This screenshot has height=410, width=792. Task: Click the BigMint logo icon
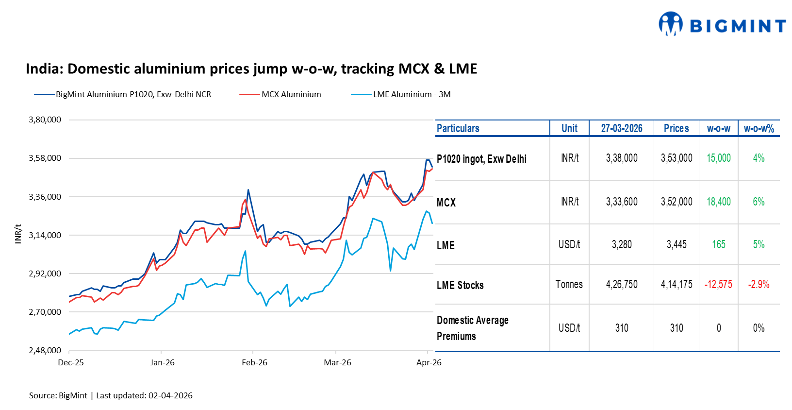(x=670, y=24)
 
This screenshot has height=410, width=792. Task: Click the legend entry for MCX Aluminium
(x=291, y=94)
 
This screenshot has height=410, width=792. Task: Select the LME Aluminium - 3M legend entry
(x=411, y=94)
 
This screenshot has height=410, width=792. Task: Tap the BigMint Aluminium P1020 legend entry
(x=133, y=94)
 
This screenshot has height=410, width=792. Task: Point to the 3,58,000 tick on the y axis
(x=45, y=158)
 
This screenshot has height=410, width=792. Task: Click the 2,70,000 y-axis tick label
(x=45, y=312)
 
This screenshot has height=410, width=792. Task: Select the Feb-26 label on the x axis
(x=254, y=362)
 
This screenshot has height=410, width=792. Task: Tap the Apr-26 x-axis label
(x=429, y=362)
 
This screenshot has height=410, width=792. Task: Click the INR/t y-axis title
(x=18, y=234)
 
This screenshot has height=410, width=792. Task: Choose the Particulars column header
(x=458, y=128)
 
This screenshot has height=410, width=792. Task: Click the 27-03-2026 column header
(x=621, y=128)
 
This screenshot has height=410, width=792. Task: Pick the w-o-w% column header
(x=759, y=128)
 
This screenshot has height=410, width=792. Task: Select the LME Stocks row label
(x=460, y=285)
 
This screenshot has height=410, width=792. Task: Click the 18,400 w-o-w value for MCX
(x=718, y=202)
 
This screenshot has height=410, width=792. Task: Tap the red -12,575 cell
(x=718, y=284)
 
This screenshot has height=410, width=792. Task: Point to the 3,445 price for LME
(x=676, y=244)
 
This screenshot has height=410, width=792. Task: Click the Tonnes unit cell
(x=569, y=284)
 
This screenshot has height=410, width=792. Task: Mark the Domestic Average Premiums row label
(x=472, y=328)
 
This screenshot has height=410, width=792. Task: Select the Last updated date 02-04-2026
(x=170, y=395)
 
